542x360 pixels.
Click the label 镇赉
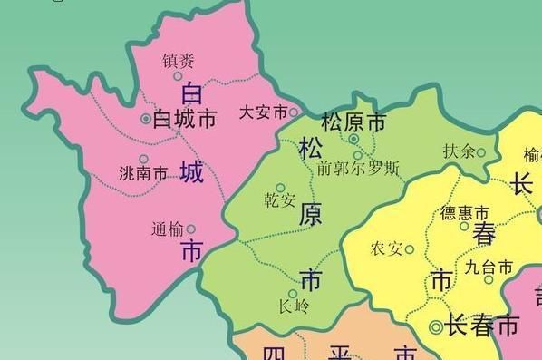click(x=178, y=61)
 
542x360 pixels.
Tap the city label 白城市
click(x=186, y=119)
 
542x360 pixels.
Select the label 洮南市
click(x=143, y=172)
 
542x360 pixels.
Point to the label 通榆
click(x=167, y=229)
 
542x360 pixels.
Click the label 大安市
click(x=263, y=112)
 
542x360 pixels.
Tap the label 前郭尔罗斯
click(x=358, y=168)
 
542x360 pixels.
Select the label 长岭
click(x=293, y=306)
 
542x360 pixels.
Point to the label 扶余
click(x=459, y=151)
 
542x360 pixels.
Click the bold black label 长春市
click(x=483, y=326)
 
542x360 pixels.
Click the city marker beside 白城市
click(x=146, y=119)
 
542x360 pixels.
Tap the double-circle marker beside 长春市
click(x=436, y=326)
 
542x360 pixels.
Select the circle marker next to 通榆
click(x=190, y=229)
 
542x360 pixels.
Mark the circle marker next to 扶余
click(x=480, y=152)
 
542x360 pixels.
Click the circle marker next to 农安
click(x=409, y=249)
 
